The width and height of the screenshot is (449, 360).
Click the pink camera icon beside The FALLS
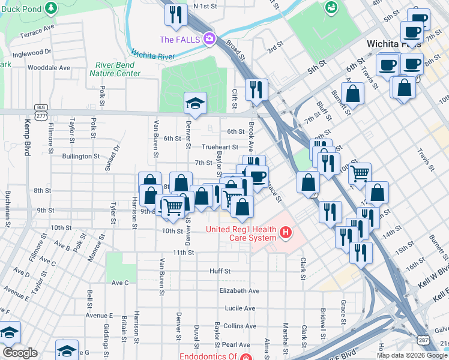[209, 40]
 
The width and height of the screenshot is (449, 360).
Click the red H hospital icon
[286, 232]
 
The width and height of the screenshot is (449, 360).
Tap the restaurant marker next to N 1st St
[176, 15]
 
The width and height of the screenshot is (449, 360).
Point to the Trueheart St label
[220, 146]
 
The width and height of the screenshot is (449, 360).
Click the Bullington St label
[80, 156]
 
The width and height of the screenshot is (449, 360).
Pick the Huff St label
[220, 271]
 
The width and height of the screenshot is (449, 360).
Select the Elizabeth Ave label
[239, 290]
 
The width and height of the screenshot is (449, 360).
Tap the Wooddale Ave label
[49, 68]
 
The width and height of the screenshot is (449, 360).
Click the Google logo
[20, 352]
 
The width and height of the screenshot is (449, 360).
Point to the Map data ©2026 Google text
[412, 355]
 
